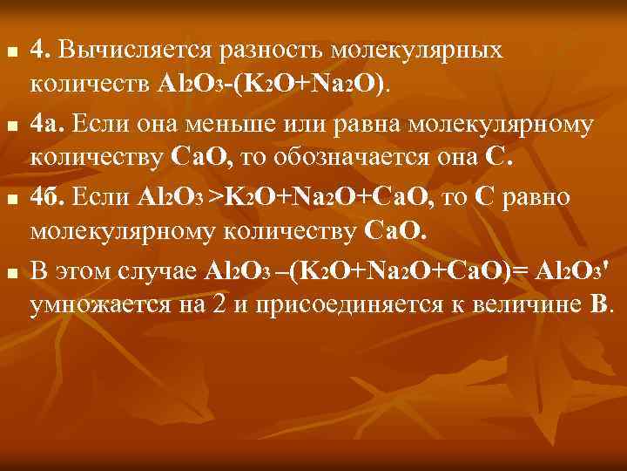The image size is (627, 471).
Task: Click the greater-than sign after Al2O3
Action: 215,198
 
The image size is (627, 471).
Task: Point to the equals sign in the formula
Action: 525,270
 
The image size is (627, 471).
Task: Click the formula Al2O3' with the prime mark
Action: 571,270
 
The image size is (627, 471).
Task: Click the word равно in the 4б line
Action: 537,197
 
